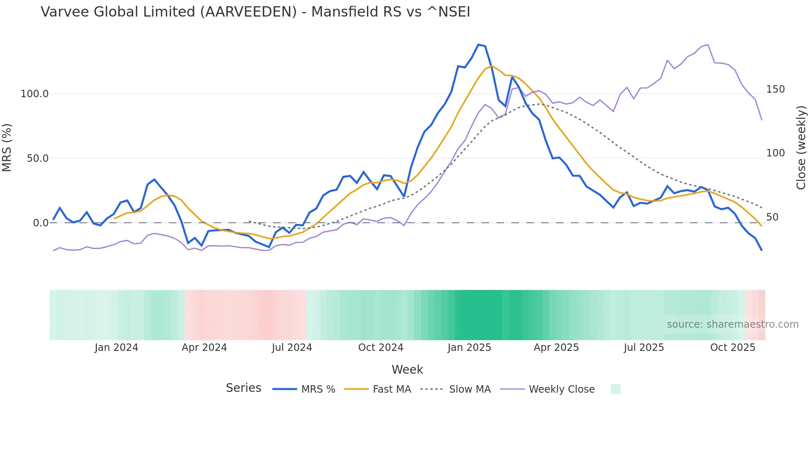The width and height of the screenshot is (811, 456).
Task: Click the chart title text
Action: (x=255, y=12)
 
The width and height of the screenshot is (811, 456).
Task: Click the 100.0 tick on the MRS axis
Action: (x=35, y=94)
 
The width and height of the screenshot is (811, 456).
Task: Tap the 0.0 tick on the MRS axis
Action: (x=41, y=223)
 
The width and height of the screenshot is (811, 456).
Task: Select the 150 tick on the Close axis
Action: (x=775, y=89)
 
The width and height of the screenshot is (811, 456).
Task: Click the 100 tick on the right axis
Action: (x=775, y=153)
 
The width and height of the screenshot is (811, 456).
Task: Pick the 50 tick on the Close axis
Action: (x=773, y=217)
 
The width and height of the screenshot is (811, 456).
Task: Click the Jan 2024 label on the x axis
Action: (x=116, y=348)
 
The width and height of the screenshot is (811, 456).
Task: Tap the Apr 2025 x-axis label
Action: (x=556, y=348)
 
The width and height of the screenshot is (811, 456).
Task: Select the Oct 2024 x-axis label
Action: (x=381, y=348)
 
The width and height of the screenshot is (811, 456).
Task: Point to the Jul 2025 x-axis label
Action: (x=644, y=348)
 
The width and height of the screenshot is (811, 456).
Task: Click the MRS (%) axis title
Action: (x=7, y=148)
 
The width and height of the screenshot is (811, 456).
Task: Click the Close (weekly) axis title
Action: (x=801, y=148)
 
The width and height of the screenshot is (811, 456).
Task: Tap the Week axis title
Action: (x=407, y=370)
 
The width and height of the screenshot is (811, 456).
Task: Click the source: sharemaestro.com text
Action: (x=732, y=324)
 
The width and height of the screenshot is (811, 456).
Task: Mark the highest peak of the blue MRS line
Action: (x=478, y=45)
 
